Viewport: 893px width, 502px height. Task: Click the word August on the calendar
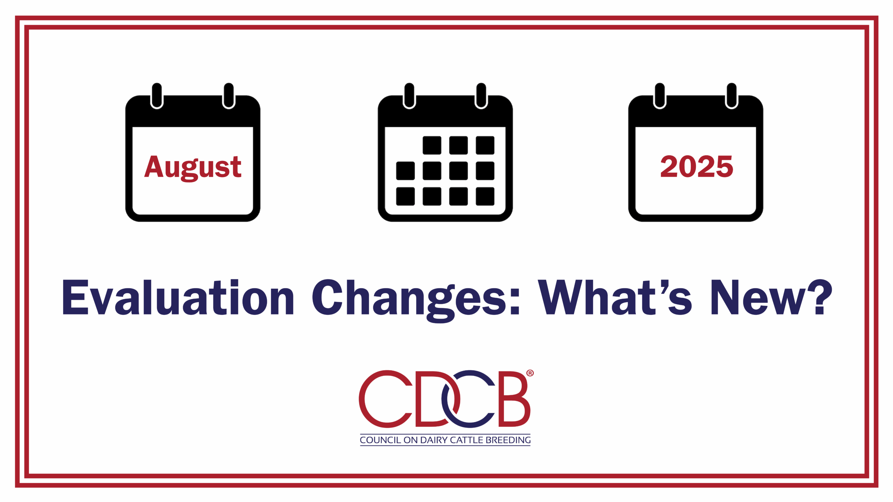193,168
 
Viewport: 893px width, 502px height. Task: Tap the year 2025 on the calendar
697,167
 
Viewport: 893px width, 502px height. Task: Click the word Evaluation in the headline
178,297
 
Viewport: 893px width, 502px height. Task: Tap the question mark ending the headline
820,297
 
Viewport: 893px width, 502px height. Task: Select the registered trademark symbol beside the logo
530,373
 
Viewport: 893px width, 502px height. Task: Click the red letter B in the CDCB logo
514,399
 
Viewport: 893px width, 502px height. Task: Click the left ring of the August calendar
157,96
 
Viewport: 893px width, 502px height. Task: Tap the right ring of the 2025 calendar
731,96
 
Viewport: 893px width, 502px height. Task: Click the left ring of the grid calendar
409,96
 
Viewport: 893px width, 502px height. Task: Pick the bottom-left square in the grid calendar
405,196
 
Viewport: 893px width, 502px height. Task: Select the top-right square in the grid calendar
485,145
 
